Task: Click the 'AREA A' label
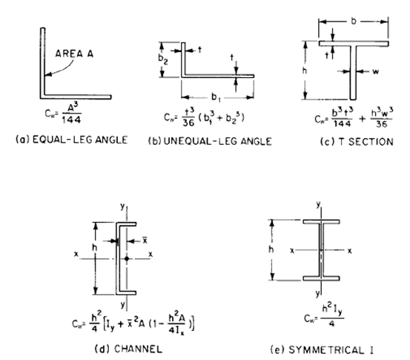tap(71, 53)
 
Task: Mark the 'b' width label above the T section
tap(354, 22)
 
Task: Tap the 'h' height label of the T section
tap(305, 71)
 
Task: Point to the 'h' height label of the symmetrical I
tap(271, 250)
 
